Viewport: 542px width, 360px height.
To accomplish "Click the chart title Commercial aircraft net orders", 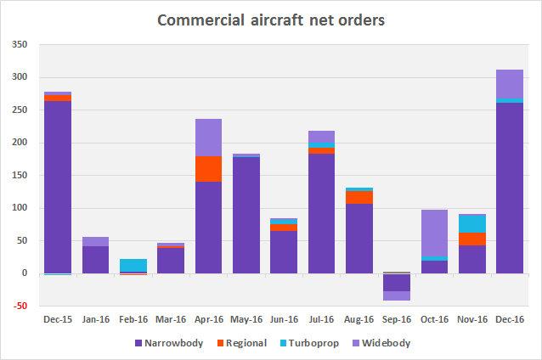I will tap(270, 19).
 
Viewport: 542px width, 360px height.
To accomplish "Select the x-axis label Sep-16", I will tap(395, 321).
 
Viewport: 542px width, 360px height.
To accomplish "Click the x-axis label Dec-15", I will tap(57, 321).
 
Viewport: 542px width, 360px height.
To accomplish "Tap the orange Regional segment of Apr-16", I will tap(208, 168).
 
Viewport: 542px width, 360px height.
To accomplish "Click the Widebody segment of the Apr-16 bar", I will tap(208, 137).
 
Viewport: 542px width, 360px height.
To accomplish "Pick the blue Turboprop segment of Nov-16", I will tap(471, 223).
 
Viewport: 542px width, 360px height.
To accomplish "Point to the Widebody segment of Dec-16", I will tap(509, 83).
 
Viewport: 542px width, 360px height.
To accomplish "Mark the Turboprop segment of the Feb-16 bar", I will tap(133, 265).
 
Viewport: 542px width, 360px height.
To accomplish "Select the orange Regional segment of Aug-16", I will tap(359, 197).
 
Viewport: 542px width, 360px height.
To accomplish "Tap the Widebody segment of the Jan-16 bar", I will tap(95, 241).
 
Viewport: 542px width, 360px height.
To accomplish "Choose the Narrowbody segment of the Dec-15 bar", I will tap(57, 187).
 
